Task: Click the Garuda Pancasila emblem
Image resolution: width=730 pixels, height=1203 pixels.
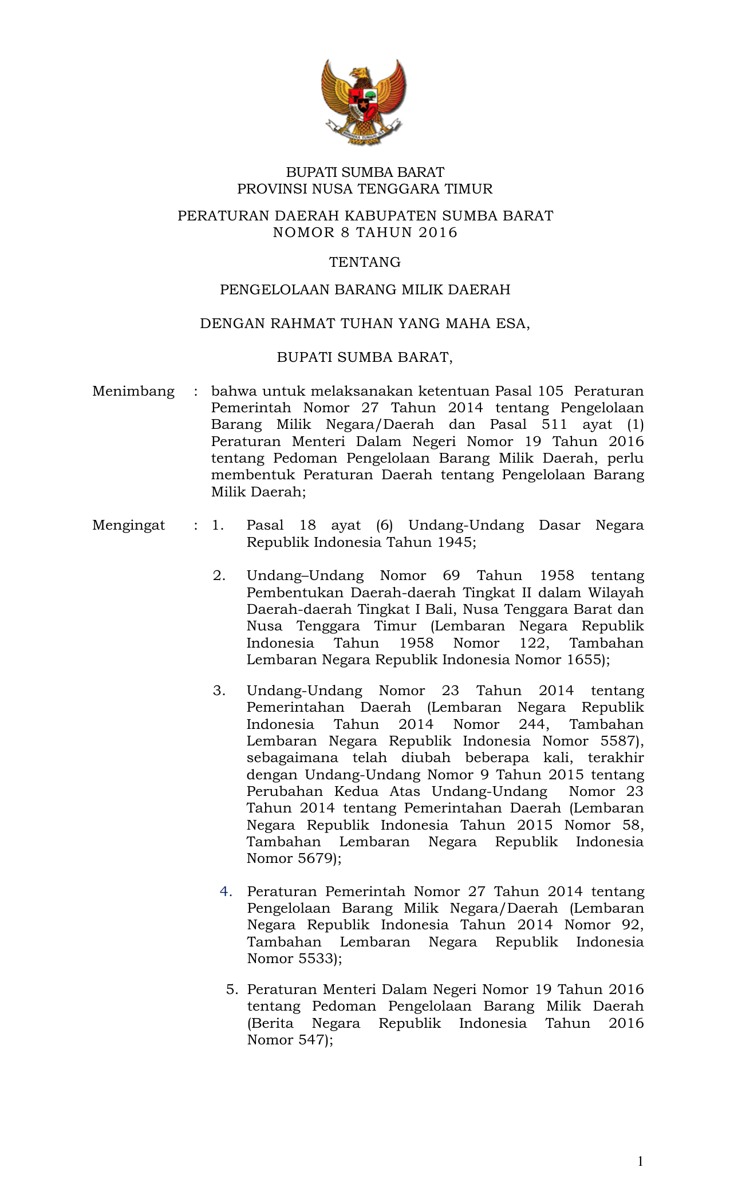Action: (364, 101)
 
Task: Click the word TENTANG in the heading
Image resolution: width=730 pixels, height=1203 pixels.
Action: (365, 262)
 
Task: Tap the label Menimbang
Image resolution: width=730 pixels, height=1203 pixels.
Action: (133, 391)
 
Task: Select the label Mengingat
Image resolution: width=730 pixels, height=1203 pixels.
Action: (129, 525)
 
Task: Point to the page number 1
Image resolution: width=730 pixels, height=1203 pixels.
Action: (640, 1161)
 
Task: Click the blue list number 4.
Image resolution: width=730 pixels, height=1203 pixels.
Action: (226, 891)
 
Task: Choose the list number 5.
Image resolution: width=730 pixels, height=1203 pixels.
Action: (231, 989)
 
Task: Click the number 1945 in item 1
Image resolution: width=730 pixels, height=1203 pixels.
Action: (455, 542)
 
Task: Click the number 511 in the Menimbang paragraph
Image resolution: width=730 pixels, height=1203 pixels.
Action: (554, 425)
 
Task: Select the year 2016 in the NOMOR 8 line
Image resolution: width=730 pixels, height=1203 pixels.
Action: (438, 232)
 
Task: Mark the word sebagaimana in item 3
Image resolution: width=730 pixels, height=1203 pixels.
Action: (292, 758)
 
